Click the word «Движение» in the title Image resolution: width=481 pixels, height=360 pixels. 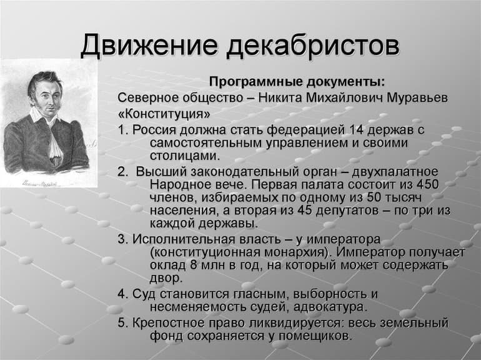[x=148, y=47]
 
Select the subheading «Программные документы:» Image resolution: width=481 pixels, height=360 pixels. [x=297, y=82]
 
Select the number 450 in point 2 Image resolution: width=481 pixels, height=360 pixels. [x=427, y=186]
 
